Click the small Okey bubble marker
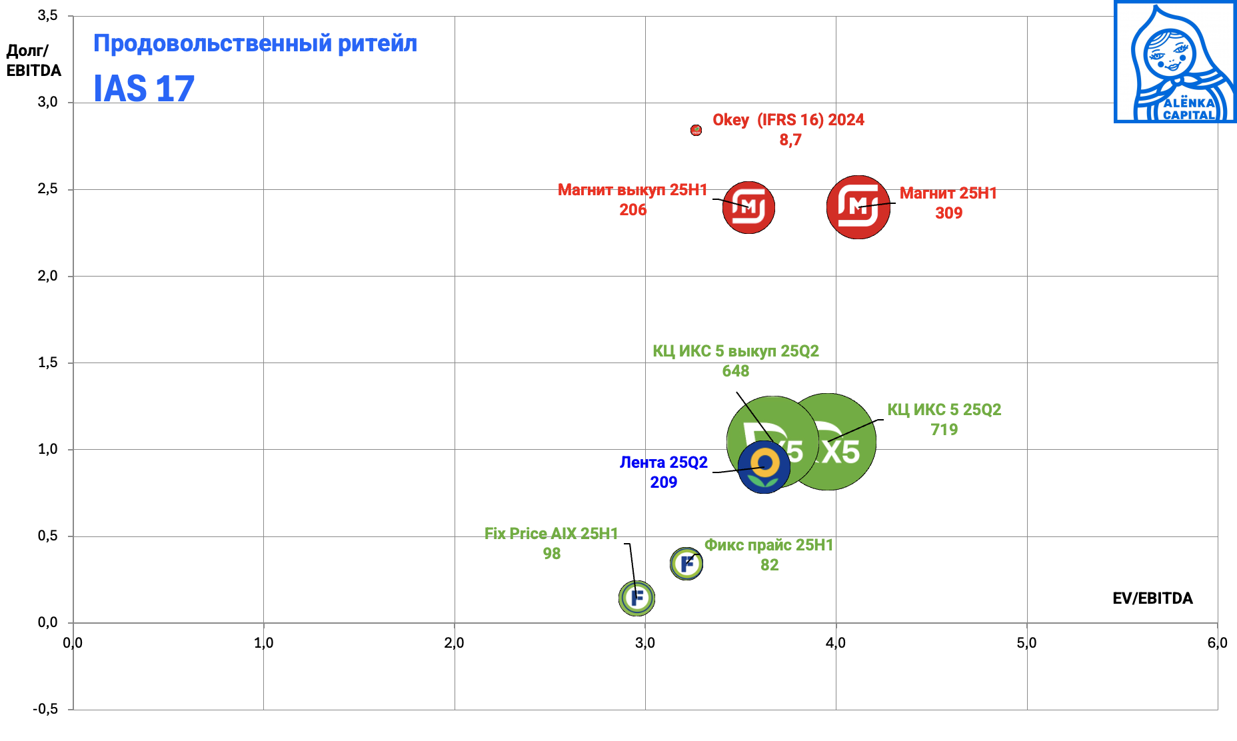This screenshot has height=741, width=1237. tap(696, 130)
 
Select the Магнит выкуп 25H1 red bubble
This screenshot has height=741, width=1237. tap(748, 207)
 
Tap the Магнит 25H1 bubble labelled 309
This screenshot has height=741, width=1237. tap(858, 207)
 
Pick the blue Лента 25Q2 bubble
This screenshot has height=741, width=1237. tap(764, 467)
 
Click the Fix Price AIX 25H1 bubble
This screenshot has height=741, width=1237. tap(636, 598)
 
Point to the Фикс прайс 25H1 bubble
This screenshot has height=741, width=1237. tap(686, 564)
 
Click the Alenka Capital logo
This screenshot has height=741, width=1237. tap(1174, 62)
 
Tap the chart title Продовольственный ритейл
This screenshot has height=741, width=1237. tap(255, 43)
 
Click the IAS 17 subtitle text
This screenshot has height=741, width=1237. tap(144, 89)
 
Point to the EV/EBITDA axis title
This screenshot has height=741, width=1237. tap(1152, 598)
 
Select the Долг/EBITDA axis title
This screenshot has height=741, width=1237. tap(33, 61)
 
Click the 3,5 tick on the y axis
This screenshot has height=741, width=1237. tap(47, 15)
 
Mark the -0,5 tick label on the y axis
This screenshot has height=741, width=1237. tap(45, 709)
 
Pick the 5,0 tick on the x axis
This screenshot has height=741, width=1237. tap(1026, 643)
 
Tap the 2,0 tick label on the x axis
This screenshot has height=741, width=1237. tap(455, 643)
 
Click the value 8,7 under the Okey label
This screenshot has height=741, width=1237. tap(790, 140)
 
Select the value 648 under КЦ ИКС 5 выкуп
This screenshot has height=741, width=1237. tap(736, 371)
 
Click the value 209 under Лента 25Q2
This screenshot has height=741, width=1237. tap(664, 482)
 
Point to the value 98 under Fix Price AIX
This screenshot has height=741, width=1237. tap(552, 554)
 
